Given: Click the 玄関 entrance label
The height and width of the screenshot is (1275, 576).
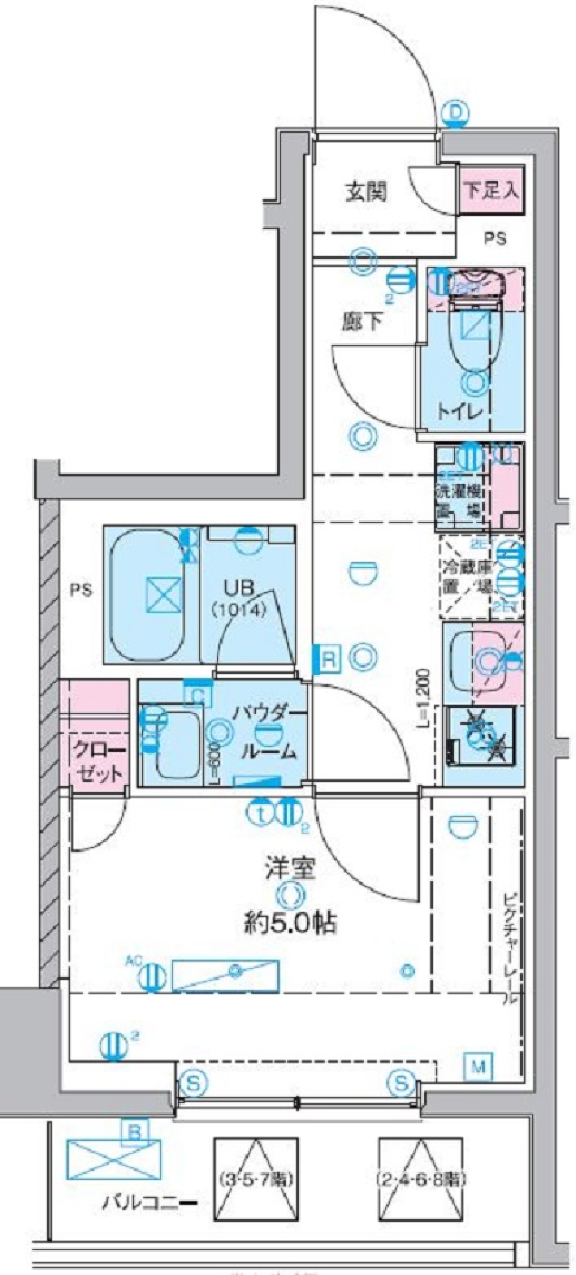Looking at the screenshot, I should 365,193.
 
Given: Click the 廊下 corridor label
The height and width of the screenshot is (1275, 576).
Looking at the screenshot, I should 362,322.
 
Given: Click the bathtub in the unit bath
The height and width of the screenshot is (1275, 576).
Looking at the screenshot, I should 148,594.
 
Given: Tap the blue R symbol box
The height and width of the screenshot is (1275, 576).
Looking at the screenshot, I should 328,660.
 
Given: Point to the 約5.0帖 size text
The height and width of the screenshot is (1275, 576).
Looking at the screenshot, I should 290,922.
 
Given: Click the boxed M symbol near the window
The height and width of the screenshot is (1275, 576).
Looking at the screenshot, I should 479,1066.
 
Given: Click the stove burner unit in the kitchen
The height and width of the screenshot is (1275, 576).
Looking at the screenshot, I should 482,735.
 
